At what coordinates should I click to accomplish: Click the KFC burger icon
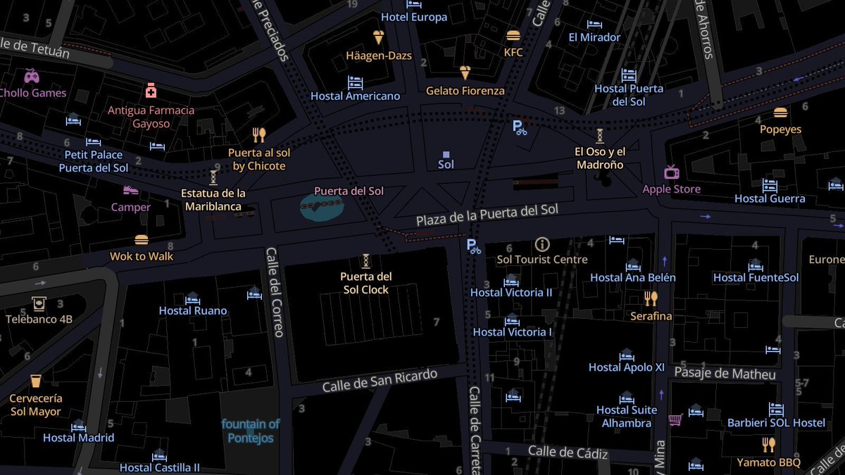[x=513, y=35]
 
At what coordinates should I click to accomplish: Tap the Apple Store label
[x=671, y=189]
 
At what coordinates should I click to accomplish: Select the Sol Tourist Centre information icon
[x=542, y=244]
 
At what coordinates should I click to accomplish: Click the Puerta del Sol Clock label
[x=366, y=283]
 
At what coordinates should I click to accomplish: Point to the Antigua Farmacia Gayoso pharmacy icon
[x=151, y=91]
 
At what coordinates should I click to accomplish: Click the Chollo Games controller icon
[x=32, y=75]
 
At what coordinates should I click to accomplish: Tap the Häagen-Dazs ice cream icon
[x=379, y=37]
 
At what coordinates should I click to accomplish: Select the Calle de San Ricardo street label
[x=380, y=380]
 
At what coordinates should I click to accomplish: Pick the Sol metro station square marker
[x=446, y=154]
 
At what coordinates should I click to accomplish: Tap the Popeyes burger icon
[x=780, y=113]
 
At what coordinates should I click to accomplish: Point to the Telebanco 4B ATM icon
[x=39, y=303]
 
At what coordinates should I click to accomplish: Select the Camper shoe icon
[x=130, y=190]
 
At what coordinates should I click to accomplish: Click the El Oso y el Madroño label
[x=600, y=158]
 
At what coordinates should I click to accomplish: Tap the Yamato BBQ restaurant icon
[x=768, y=445]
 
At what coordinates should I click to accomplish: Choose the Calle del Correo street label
[x=273, y=291]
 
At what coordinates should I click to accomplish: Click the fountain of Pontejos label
[x=251, y=431]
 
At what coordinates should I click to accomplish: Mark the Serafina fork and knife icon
[x=651, y=298]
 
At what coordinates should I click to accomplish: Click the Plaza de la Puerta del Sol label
[x=487, y=215]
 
